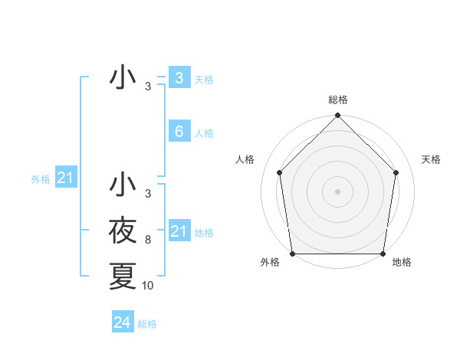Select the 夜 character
[123, 230]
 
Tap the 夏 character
[123, 276]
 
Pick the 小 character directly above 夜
[123, 185]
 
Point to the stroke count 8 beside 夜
[147, 240]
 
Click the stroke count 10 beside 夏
[148, 286]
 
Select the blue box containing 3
[179, 78]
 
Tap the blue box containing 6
[179, 132]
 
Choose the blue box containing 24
[123, 322]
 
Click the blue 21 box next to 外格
[66, 178]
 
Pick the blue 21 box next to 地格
[179, 231]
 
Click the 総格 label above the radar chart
[338, 100]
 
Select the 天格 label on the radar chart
[432, 159]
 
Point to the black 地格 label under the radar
[402, 263]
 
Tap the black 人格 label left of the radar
[245, 159]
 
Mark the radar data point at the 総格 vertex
[337, 116]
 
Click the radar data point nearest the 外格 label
[292, 254]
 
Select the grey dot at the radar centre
[337, 191]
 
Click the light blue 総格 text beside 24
[147, 324]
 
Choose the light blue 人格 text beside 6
[204, 133]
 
